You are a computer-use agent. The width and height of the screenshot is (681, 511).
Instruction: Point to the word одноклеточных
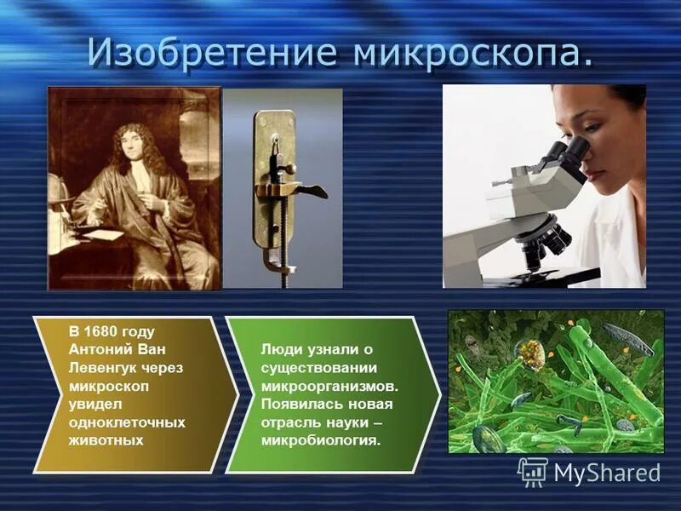(x=127, y=422)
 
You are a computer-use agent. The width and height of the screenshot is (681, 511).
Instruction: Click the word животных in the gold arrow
(x=106, y=439)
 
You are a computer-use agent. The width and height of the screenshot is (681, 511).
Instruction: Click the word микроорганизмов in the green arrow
(x=330, y=386)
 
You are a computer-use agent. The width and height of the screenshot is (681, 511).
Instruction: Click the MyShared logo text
(x=607, y=473)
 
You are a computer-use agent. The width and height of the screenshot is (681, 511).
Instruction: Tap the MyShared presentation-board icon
(x=533, y=472)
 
